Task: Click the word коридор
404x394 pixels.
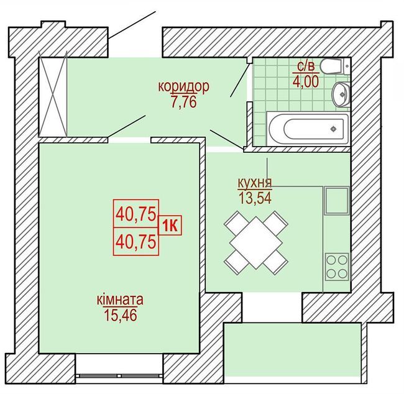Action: pyautogui.click(x=183, y=86)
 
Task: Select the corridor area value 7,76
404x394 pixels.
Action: pyautogui.click(x=183, y=102)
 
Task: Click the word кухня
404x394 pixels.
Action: pyautogui.click(x=254, y=183)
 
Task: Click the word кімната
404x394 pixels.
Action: pyautogui.click(x=120, y=300)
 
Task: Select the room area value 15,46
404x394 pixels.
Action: pyautogui.click(x=120, y=315)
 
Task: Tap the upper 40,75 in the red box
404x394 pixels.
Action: pyautogui.click(x=135, y=214)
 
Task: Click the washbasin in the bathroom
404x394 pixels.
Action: pyautogui.click(x=341, y=94)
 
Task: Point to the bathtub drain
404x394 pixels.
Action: pyautogui.click(x=334, y=129)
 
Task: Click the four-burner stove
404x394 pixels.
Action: pyautogui.click(x=336, y=266)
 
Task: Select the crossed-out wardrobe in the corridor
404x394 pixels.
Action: pyautogui.click(x=53, y=94)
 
